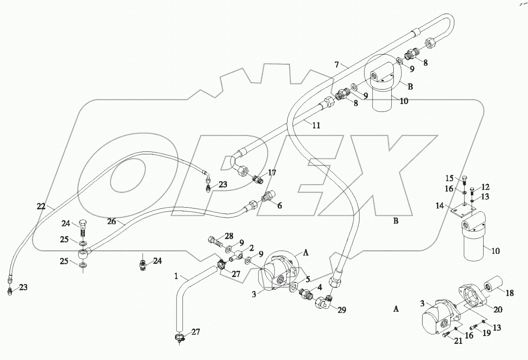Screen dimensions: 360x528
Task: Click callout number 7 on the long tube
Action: pos(336,65)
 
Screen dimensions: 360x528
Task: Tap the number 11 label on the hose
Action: pos(316,125)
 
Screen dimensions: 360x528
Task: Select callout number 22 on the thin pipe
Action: pos(41,206)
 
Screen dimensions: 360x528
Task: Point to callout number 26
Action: pos(112,221)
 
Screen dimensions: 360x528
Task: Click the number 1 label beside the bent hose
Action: pos(176,276)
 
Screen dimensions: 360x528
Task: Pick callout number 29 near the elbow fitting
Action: pos(341,310)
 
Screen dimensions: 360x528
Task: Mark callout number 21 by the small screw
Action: pos(458,341)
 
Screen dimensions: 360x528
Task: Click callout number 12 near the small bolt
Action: pos(485,187)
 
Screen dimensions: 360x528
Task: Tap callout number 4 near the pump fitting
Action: pos(320,287)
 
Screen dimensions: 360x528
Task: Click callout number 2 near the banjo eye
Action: pos(251,248)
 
